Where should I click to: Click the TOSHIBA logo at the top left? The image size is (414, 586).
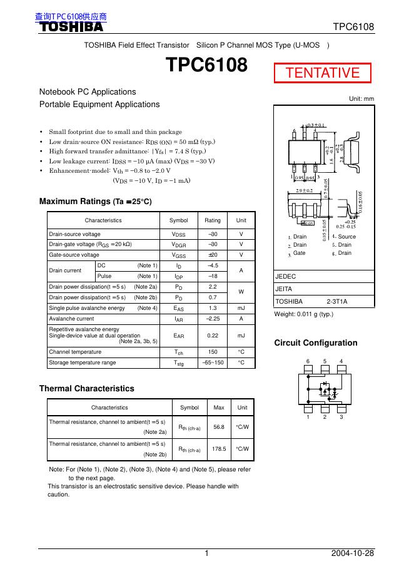click(72, 27)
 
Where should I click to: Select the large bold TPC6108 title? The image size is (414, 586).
click(206, 65)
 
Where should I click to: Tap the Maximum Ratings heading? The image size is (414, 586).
click(95, 202)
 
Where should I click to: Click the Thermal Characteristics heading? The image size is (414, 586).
click(86, 388)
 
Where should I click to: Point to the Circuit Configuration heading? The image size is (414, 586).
click(316, 342)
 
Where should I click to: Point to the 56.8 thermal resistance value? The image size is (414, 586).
click(219, 426)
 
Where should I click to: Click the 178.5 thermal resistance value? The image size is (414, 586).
click(219, 448)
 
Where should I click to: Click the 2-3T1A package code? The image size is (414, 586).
click(338, 301)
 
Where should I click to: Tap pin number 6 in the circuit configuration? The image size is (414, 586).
click(307, 361)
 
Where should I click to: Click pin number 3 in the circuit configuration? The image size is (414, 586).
click(341, 418)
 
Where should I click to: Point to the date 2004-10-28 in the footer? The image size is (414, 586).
click(353, 553)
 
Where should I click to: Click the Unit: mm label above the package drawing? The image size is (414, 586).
click(361, 99)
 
